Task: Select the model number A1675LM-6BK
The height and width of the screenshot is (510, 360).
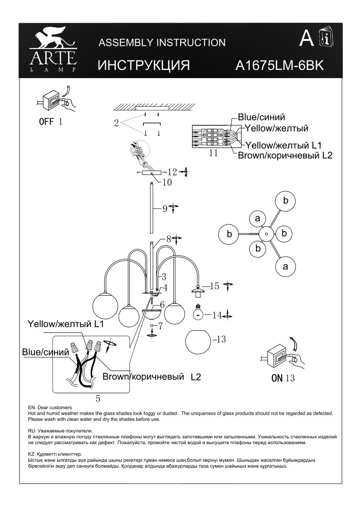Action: pyautogui.click(x=279, y=65)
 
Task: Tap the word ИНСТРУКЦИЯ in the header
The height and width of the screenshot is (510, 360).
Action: pyautogui.click(x=143, y=65)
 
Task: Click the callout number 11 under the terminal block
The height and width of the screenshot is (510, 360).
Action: pyautogui.click(x=213, y=153)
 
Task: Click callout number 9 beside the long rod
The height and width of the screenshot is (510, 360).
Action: pyautogui.click(x=165, y=209)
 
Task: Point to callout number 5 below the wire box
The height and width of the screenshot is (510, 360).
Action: pyautogui.click(x=98, y=399)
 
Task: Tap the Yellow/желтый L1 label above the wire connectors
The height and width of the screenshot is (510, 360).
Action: pyautogui.click(x=66, y=324)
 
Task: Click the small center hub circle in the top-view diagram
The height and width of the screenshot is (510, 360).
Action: pyautogui.click(x=266, y=234)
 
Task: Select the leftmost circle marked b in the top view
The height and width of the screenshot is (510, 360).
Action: pyautogui.click(x=230, y=234)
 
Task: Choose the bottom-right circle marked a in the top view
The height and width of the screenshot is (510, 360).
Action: pyautogui.click(x=286, y=267)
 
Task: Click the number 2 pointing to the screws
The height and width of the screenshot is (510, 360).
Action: pyautogui.click(x=117, y=123)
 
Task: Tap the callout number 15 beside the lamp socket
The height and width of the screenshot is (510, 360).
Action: pyautogui.click(x=215, y=286)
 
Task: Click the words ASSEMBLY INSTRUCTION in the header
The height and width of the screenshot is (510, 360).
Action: pyautogui.click(x=162, y=43)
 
